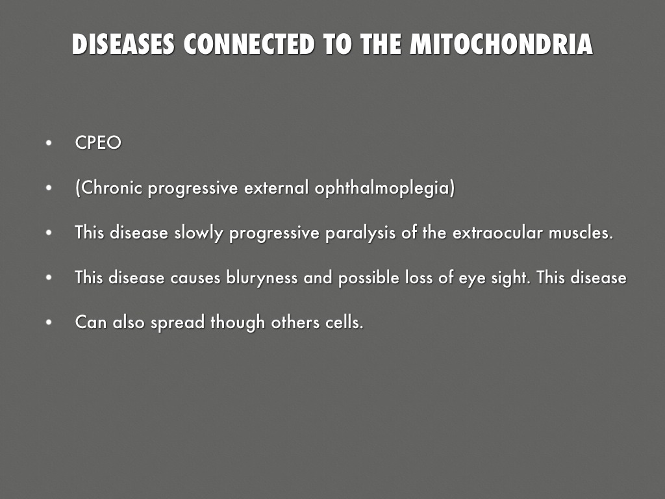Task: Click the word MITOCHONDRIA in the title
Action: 501,44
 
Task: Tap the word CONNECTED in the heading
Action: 249,44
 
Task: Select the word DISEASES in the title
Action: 123,44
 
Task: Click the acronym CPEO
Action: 98,142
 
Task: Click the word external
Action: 276,188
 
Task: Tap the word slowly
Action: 199,233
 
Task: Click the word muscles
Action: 581,233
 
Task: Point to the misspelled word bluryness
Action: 262,278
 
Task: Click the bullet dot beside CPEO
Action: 49,143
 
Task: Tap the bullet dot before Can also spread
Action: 49,322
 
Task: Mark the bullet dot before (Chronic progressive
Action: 49,188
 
